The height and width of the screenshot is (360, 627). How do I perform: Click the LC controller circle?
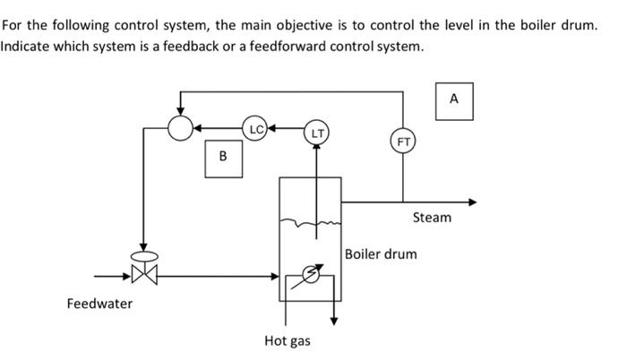click(x=256, y=129)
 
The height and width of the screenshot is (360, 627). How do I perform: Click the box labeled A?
click(x=453, y=100)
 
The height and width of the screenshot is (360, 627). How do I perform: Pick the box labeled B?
click(x=223, y=158)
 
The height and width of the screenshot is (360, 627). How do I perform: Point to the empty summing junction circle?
click(x=181, y=129)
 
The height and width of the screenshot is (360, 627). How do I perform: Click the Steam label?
click(x=432, y=218)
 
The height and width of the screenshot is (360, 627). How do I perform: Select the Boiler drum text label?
click(x=381, y=254)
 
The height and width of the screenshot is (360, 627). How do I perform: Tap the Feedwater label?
click(x=99, y=304)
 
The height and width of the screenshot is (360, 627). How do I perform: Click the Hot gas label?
click(x=288, y=341)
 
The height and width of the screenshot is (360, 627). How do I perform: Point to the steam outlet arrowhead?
click(x=473, y=201)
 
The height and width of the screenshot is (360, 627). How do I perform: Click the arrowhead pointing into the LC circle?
click(x=271, y=129)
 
